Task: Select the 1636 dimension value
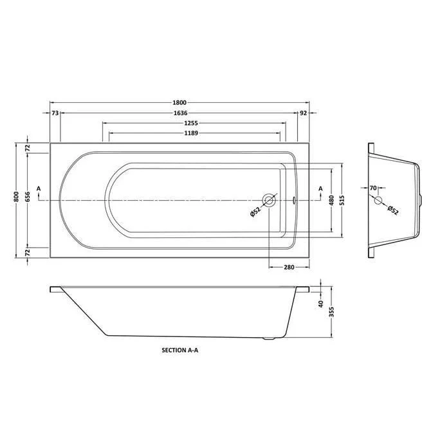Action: (x=179, y=113)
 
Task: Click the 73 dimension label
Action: (x=55, y=113)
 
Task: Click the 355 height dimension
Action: (x=331, y=313)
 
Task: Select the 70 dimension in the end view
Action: (x=373, y=188)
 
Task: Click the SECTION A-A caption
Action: (x=179, y=352)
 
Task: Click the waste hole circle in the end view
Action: (x=379, y=199)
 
